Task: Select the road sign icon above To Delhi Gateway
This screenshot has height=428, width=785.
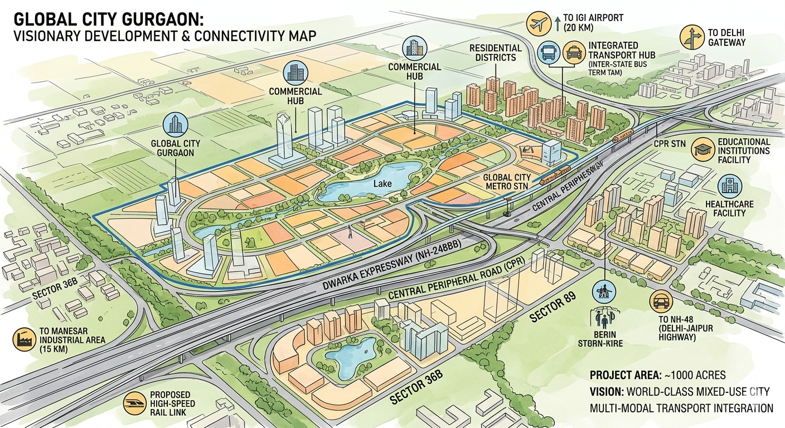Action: tap(691, 37)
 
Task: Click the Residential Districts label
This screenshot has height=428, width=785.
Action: tap(495, 52)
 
